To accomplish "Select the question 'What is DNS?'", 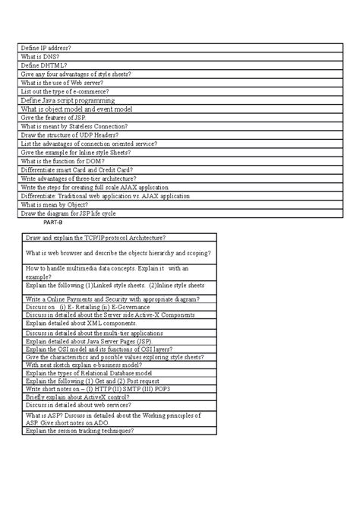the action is [x=43, y=57].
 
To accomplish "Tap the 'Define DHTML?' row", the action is [x=46, y=65].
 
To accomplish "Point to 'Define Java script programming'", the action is [x=68, y=100].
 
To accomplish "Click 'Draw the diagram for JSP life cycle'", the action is [x=74, y=213].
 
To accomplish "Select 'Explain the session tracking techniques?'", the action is [x=80, y=430].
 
